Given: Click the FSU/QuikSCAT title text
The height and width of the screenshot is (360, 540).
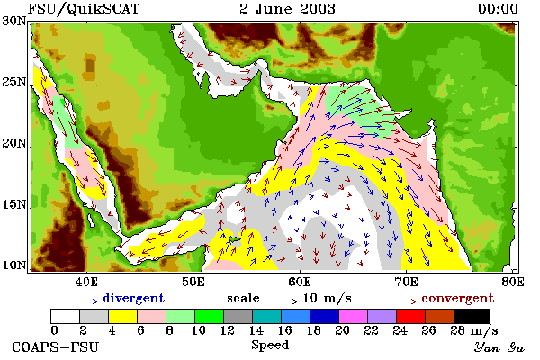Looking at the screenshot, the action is coord(84,9).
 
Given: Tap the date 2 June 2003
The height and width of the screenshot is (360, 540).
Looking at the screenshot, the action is coord(288,9).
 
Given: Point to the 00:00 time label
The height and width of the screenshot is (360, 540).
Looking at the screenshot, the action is coord(498,9).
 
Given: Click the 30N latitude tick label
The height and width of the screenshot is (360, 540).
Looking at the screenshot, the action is coord(14,21).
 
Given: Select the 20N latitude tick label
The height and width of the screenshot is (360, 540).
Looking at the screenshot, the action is coord(14,143).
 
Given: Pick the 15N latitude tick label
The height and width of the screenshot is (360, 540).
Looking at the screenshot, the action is coord(14,204).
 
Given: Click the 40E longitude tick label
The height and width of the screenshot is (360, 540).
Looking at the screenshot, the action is coord(86,282).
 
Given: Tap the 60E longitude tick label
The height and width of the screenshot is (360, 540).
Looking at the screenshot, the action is coord(300,282).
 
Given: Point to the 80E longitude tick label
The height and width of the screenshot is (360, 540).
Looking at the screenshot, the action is coord(513,282).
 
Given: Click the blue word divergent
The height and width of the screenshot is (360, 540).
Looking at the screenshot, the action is coord(133,298).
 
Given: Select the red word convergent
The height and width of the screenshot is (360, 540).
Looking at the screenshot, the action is coord(458,298).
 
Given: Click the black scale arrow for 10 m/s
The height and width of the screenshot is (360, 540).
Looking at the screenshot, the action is coord(282,301).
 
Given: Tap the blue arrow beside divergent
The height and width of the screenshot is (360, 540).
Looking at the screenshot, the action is coord(82,301).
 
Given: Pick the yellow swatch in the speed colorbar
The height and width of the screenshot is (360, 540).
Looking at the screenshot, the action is coord(123,316).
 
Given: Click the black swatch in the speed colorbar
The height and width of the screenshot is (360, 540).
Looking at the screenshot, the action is coord(472,316).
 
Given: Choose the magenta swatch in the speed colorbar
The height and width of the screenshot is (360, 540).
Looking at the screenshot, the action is coord(354,316).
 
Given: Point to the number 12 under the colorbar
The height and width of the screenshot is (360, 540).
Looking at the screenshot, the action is coord(228,331).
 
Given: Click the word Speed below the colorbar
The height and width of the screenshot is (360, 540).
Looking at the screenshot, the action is coord(270,345).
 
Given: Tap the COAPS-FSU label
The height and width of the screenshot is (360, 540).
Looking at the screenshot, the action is coord(56,346).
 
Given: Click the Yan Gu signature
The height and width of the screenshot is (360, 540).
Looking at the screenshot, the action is coord(499,347).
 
